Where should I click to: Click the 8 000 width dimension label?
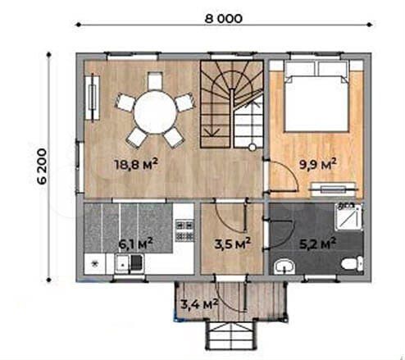[223, 19]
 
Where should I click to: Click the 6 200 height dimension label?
[42, 166]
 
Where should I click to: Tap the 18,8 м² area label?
[136, 164]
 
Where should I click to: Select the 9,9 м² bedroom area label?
[317, 164]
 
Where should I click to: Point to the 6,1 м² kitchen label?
[135, 244]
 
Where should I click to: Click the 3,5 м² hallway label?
[233, 244]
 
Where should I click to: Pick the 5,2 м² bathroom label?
[317, 244]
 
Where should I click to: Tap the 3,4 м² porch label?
[199, 304]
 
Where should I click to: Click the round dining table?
[155, 112]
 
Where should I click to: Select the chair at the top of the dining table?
[155, 80]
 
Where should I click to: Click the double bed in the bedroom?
[317, 96]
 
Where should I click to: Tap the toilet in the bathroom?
[352, 263]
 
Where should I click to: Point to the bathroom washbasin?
[284, 267]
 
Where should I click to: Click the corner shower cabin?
[349, 216]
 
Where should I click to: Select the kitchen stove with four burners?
[184, 230]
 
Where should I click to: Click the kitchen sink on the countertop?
[122, 264]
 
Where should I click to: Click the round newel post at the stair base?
[253, 148]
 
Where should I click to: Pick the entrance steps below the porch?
[230, 335]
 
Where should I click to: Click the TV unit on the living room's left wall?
[93, 97]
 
